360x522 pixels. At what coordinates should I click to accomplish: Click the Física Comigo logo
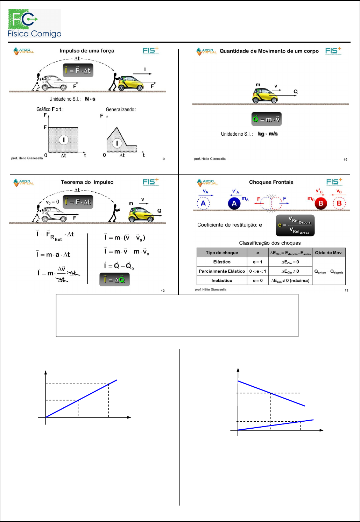[34, 23]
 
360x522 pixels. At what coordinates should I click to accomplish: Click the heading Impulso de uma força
[87, 51]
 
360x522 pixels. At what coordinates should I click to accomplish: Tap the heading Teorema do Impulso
[87, 182]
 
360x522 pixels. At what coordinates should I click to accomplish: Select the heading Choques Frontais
[271, 182]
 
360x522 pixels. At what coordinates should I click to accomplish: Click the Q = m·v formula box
[266, 119]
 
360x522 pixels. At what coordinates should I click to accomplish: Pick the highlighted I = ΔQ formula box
[114, 280]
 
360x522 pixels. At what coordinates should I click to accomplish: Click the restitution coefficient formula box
[295, 225]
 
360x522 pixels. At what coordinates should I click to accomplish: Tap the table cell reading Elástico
[222, 262]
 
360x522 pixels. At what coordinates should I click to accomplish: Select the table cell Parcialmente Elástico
[222, 271]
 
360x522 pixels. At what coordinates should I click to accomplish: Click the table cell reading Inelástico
[222, 280]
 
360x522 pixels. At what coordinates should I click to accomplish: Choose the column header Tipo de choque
[222, 252]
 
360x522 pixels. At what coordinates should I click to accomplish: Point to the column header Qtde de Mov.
[329, 252]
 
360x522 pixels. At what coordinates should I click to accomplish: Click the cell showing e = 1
[257, 262]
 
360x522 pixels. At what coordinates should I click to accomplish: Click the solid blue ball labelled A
[234, 203]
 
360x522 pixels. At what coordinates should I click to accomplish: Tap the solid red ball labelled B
[320, 203]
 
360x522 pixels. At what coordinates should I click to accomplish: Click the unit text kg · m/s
[268, 134]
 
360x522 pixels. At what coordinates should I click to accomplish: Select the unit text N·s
[90, 99]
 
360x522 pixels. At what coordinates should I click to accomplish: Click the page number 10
[345, 159]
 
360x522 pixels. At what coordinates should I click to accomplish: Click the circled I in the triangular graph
[117, 143]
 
